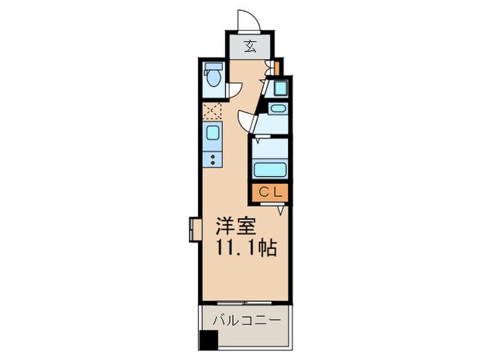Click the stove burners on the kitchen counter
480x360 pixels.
coord(213,160)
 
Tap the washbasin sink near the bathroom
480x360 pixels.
coord(277,108)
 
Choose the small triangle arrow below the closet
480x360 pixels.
coord(281,211)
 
